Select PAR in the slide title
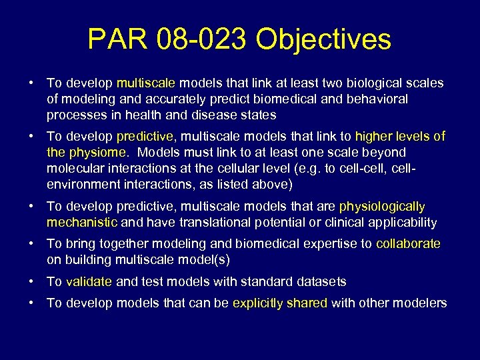click(x=117, y=40)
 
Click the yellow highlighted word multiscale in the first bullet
click(x=145, y=83)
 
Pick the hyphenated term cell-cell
click(x=355, y=167)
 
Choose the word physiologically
click(x=382, y=207)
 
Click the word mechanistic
click(x=82, y=222)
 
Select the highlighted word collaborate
click(x=408, y=244)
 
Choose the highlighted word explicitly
click(x=257, y=303)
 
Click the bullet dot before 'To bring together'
click(x=32, y=244)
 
